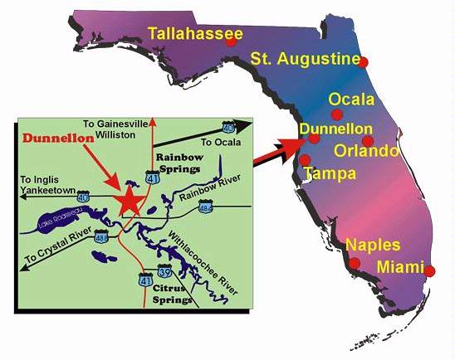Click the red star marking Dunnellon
pos(130,201)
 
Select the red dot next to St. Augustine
pos(363,61)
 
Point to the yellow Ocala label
pos(351,99)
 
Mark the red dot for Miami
pos(430,270)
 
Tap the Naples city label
pos(372,246)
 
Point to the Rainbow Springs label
pos(179,162)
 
